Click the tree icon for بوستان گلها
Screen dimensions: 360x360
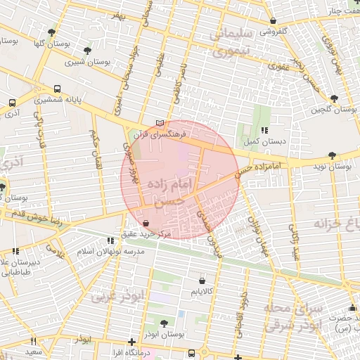[52, 32]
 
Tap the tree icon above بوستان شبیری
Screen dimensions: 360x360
[87, 51]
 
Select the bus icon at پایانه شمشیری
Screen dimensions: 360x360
[57, 89]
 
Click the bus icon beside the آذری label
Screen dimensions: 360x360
[12, 103]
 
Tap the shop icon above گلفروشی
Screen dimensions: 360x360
[274, 20]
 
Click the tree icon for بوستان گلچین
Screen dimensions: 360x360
[333, 98]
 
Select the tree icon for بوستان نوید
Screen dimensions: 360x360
[331, 156]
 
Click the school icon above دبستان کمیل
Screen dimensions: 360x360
[264, 130]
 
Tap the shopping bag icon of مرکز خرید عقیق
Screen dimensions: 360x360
[146, 223]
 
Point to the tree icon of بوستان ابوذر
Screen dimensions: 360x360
[164, 323]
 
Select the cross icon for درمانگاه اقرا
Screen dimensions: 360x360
[131, 342]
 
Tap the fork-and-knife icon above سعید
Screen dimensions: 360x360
[33, 341]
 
